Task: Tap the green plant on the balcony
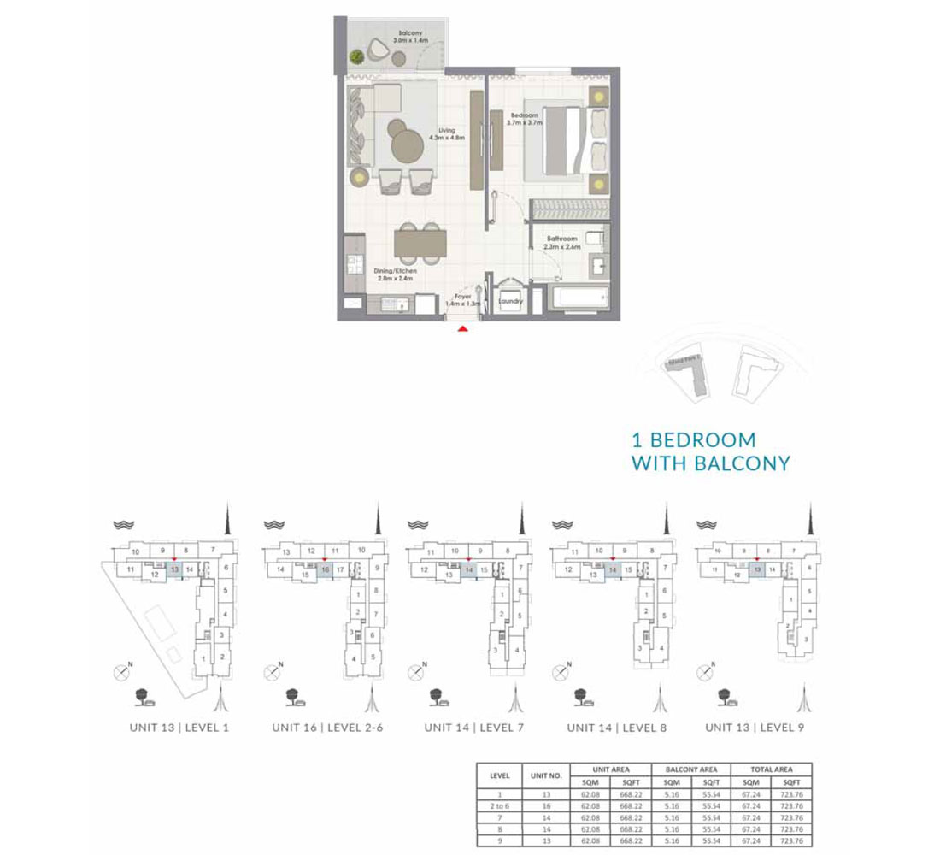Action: [x=355, y=57]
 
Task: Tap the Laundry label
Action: [x=511, y=301]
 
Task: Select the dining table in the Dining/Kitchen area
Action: [x=420, y=245]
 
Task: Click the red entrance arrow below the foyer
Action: [x=462, y=327]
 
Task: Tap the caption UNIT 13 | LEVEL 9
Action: [x=755, y=728]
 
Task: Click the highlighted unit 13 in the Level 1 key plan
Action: [x=174, y=569]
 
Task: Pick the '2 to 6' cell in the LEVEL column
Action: [x=500, y=805]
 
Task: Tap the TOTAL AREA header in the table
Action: [x=772, y=769]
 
